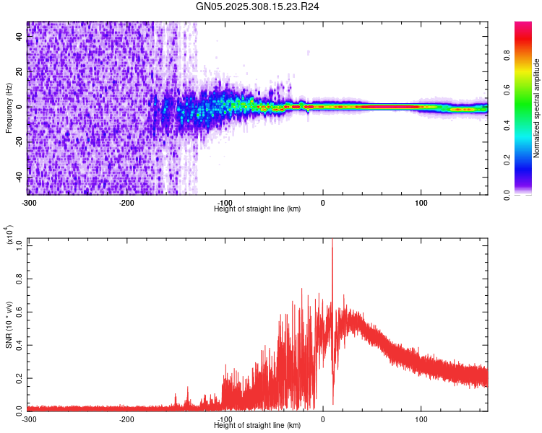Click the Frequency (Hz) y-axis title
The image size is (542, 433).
[x=9, y=108]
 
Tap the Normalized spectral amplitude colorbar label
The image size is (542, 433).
[x=536, y=108]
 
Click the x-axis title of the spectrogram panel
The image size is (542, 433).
[x=258, y=209]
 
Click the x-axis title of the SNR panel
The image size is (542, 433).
[x=258, y=426]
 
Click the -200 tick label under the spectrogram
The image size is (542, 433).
[x=127, y=201]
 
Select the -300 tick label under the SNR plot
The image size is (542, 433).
[x=29, y=419]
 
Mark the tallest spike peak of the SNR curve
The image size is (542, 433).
[x=332, y=241]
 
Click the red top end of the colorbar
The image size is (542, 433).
[x=523, y=26]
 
